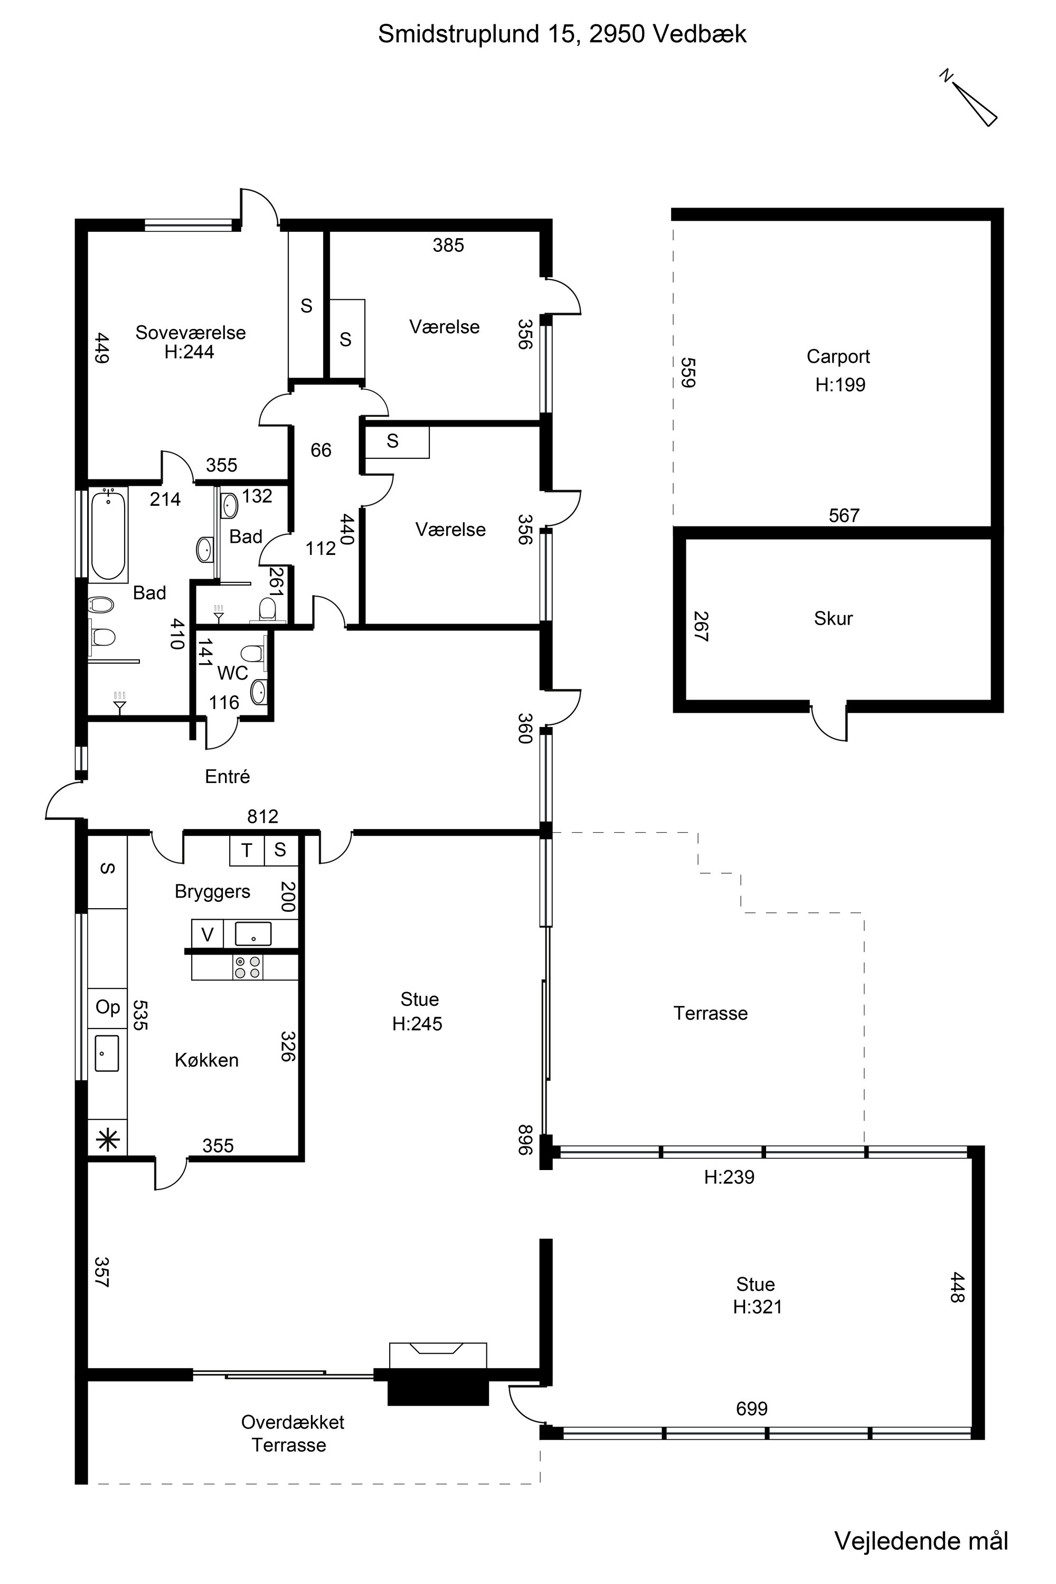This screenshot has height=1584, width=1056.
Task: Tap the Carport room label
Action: (x=838, y=356)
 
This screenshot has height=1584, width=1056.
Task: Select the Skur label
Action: (x=833, y=618)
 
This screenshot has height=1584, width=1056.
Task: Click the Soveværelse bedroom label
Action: (x=191, y=332)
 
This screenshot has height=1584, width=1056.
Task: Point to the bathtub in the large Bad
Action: (x=108, y=535)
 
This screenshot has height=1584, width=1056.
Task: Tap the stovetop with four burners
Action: (x=247, y=967)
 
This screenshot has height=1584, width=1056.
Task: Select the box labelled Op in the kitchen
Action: (x=108, y=1007)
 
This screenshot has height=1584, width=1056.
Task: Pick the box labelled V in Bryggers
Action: (x=208, y=934)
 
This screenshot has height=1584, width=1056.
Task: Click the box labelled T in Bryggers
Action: (x=247, y=850)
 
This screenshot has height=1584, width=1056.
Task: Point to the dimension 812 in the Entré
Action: (x=262, y=816)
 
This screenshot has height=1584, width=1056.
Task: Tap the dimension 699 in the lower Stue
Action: (x=751, y=1408)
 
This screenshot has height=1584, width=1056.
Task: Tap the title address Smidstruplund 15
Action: (x=477, y=34)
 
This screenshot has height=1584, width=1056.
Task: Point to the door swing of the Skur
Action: (x=828, y=724)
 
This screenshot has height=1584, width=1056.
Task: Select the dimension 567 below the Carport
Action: (x=844, y=515)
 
